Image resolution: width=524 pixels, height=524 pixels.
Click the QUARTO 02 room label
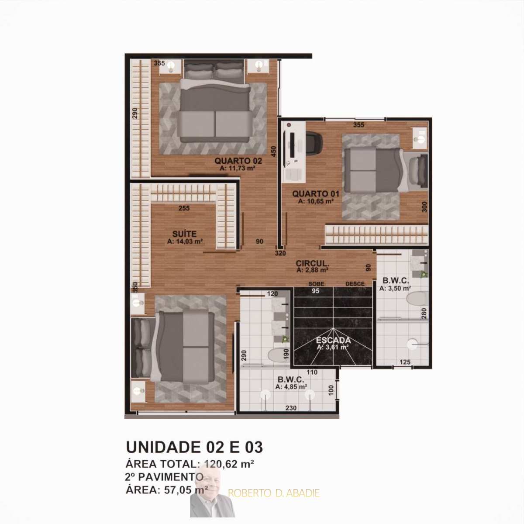[238, 161]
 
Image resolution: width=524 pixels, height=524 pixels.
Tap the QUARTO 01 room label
[316, 194]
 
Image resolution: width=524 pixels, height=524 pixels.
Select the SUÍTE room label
[184, 234]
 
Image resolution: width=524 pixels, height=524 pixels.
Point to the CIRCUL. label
[313, 263]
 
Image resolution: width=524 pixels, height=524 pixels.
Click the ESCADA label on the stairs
[333, 340]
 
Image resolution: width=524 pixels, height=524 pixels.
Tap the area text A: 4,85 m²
[291, 387]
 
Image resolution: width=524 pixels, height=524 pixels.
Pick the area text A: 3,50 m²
[395, 288]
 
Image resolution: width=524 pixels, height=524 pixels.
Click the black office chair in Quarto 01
[314, 142]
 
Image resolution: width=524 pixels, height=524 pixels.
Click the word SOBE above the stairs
[316, 284]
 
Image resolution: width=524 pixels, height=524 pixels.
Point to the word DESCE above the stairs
[355, 284]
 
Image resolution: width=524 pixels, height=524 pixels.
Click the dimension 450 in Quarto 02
[273, 152]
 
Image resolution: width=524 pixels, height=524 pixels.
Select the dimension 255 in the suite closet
[184, 208]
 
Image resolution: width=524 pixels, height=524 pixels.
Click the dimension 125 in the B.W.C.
[405, 362]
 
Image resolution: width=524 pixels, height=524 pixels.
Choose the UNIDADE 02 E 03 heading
[194, 447]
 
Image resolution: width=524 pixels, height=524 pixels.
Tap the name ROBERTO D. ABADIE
[274, 493]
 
